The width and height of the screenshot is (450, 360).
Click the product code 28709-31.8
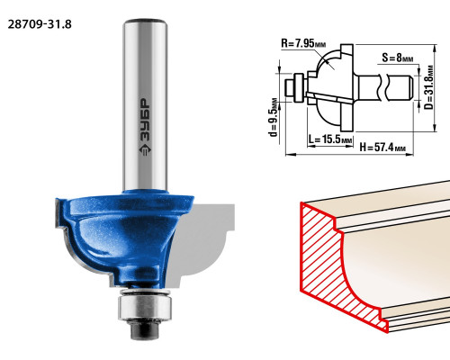[40, 24]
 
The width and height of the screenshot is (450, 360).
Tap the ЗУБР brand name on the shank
[145, 120]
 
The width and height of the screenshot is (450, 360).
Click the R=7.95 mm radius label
[303, 43]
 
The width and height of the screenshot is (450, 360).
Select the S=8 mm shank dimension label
[398, 58]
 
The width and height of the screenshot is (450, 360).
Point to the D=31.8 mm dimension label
[429, 87]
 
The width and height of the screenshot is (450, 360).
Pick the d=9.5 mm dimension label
[274, 117]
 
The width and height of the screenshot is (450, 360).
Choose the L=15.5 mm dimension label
[330, 139]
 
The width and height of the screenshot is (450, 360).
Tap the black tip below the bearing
[145, 330]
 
